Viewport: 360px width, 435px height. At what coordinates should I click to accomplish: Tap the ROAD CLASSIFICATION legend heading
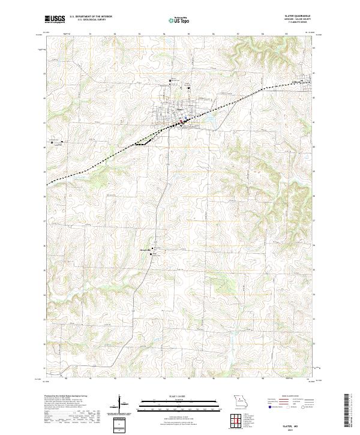pyautogui.click(x=290, y=397)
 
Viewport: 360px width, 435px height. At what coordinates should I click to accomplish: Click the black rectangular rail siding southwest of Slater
pyautogui.click(x=144, y=143)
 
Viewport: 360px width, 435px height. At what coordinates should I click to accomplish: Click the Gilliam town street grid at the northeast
pyautogui.click(x=311, y=81)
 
